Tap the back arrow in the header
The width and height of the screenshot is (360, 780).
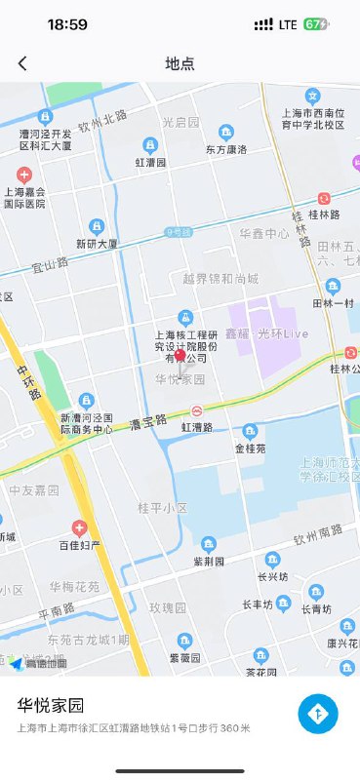tap(22, 63)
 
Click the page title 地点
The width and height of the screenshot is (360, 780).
tap(180, 63)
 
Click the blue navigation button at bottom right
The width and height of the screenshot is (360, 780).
tap(318, 715)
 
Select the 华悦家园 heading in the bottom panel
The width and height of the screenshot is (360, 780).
tap(51, 704)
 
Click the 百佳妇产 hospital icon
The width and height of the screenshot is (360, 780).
tap(80, 527)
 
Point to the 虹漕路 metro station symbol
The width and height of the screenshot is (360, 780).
tap(197, 411)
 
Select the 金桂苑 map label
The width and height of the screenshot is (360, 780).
tap(250, 449)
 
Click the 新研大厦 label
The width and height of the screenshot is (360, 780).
tap(97, 244)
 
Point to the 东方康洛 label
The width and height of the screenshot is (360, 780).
tap(226, 149)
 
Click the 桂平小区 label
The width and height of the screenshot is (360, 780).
tap(163, 508)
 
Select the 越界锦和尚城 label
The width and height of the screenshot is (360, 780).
tap(220, 279)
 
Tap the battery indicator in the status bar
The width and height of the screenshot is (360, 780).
tap(316, 24)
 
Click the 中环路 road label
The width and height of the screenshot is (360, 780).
tap(29, 381)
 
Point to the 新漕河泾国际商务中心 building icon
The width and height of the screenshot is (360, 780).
tap(87, 400)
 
